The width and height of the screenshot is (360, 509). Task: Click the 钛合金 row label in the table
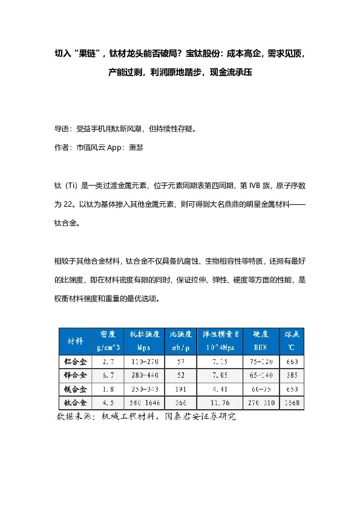[76, 402]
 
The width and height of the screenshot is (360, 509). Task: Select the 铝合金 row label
[76, 361]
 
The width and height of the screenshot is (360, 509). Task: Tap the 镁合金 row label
[76, 388]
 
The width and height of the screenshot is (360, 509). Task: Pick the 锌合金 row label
[76, 375]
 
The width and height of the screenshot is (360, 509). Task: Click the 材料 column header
[76, 341]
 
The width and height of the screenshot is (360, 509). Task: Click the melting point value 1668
[291, 402]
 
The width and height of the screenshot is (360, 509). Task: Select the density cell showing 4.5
[109, 402]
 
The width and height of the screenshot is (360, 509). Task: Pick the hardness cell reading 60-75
[261, 388]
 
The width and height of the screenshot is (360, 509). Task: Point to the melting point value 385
[291, 375]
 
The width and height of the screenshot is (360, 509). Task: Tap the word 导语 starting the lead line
[62, 129]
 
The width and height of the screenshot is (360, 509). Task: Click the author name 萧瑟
[136, 146]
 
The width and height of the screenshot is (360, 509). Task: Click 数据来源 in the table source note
[72, 417]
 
